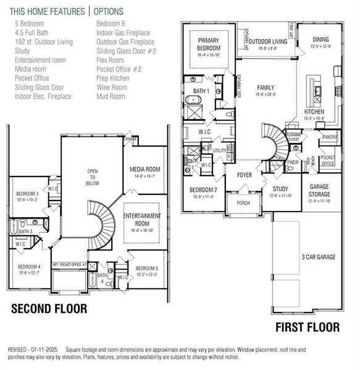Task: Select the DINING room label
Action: tap(320, 39)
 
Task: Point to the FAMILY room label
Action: tap(266, 88)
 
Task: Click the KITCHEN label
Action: tap(314, 112)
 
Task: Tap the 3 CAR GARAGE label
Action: tap(319, 256)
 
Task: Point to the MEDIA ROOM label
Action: tap(145, 169)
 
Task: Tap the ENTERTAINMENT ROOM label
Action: tap(142, 219)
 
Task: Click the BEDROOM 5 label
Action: tap(147, 268)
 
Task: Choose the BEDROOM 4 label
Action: tap(29, 266)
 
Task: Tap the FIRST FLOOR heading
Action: tap(307, 327)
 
